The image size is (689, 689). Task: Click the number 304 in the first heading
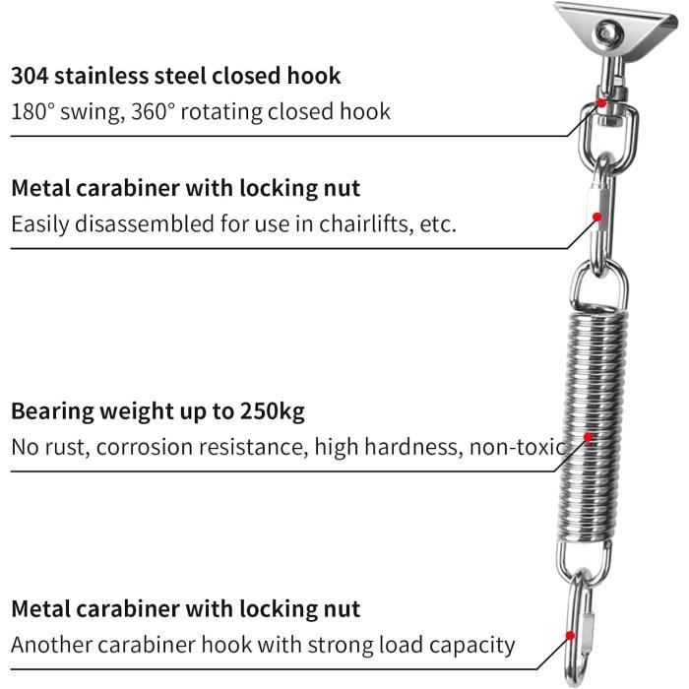(30, 76)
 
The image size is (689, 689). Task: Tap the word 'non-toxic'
(518, 447)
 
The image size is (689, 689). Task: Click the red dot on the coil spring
(589, 437)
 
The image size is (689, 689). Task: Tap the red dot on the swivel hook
(602, 103)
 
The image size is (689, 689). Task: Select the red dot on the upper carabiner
(596, 217)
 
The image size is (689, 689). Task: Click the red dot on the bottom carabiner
(570, 636)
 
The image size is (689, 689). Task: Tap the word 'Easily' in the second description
(40, 224)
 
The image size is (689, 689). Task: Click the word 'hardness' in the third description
(413, 447)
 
